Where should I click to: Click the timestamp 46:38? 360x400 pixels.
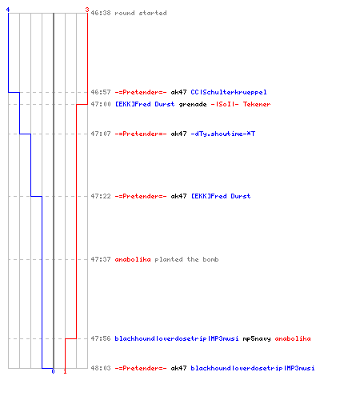(x=101, y=13)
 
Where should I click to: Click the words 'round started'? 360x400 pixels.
(x=141, y=13)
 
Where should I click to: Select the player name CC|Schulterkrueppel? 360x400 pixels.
(x=229, y=92)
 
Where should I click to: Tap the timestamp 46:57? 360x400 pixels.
(x=101, y=92)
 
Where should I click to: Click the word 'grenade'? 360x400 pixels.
(x=193, y=104)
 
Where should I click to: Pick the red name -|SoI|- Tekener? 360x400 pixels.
(x=241, y=104)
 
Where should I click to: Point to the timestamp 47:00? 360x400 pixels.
(x=101, y=104)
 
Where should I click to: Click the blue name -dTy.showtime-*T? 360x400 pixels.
(x=223, y=134)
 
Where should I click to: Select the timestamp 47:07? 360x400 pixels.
(x=101, y=134)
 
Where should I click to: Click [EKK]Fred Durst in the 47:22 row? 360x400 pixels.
(x=221, y=196)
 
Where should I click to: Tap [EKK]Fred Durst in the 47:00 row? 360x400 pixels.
(x=145, y=104)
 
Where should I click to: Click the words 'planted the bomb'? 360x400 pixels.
(x=186, y=259)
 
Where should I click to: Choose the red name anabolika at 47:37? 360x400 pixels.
(x=133, y=259)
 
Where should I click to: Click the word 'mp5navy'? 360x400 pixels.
(x=257, y=339)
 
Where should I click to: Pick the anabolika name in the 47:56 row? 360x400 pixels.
(x=293, y=338)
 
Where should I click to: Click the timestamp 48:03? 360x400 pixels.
(x=101, y=368)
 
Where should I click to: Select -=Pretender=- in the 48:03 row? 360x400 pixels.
(x=141, y=368)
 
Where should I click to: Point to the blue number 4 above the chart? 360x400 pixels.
(x=8, y=10)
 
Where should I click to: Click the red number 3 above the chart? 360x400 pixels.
(x=87, y=10)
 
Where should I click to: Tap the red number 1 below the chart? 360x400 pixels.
(x=65, y=371)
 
